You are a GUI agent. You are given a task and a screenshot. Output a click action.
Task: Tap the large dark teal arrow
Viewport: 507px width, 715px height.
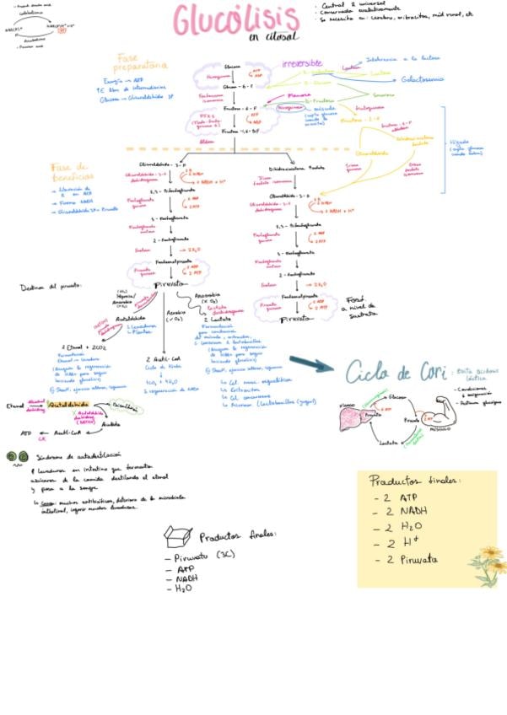[313, 364]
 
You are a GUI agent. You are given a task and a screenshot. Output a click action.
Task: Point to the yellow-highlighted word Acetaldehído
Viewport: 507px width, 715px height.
[68, 406]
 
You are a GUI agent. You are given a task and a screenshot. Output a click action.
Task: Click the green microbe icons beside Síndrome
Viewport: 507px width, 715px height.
[17, 456]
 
